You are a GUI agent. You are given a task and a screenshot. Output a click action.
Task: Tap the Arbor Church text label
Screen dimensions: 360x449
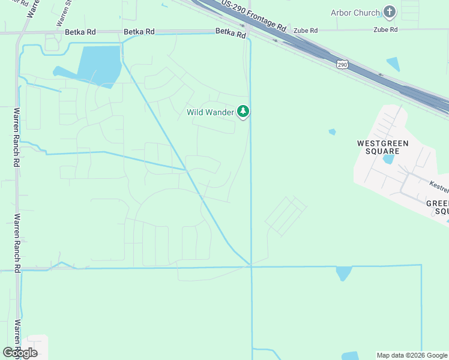click(355, 13)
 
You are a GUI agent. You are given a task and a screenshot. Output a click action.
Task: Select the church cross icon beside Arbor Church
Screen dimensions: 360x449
click(390, 12)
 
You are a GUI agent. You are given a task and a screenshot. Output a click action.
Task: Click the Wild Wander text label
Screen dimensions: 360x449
click(211, 112)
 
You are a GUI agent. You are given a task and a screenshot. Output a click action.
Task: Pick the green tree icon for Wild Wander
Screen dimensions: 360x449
click(243, 111)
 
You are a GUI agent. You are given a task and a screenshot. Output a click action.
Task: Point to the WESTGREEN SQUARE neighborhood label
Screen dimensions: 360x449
click(383, 147)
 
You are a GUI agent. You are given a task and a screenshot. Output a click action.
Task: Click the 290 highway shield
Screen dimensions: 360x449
click(342, 64)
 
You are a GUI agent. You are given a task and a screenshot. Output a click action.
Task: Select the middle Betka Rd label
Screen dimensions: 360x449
click(139, 31)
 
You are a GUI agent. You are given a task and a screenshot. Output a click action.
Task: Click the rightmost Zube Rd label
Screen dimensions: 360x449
click(385, 29)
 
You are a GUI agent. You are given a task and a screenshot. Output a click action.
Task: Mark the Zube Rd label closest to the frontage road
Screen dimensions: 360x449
click(305, 30)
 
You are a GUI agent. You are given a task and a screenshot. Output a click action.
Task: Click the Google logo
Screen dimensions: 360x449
click(20, 353)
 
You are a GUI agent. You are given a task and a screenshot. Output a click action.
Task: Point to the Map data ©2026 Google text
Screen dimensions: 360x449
click(412, 355)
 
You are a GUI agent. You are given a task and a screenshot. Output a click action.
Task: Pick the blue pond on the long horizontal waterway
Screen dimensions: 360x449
click(343, 273)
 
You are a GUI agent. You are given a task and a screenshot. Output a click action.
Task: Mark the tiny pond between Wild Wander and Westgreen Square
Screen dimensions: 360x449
click(332, 132)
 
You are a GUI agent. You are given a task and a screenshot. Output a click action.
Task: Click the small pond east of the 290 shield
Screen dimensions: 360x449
click(393, 64)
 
